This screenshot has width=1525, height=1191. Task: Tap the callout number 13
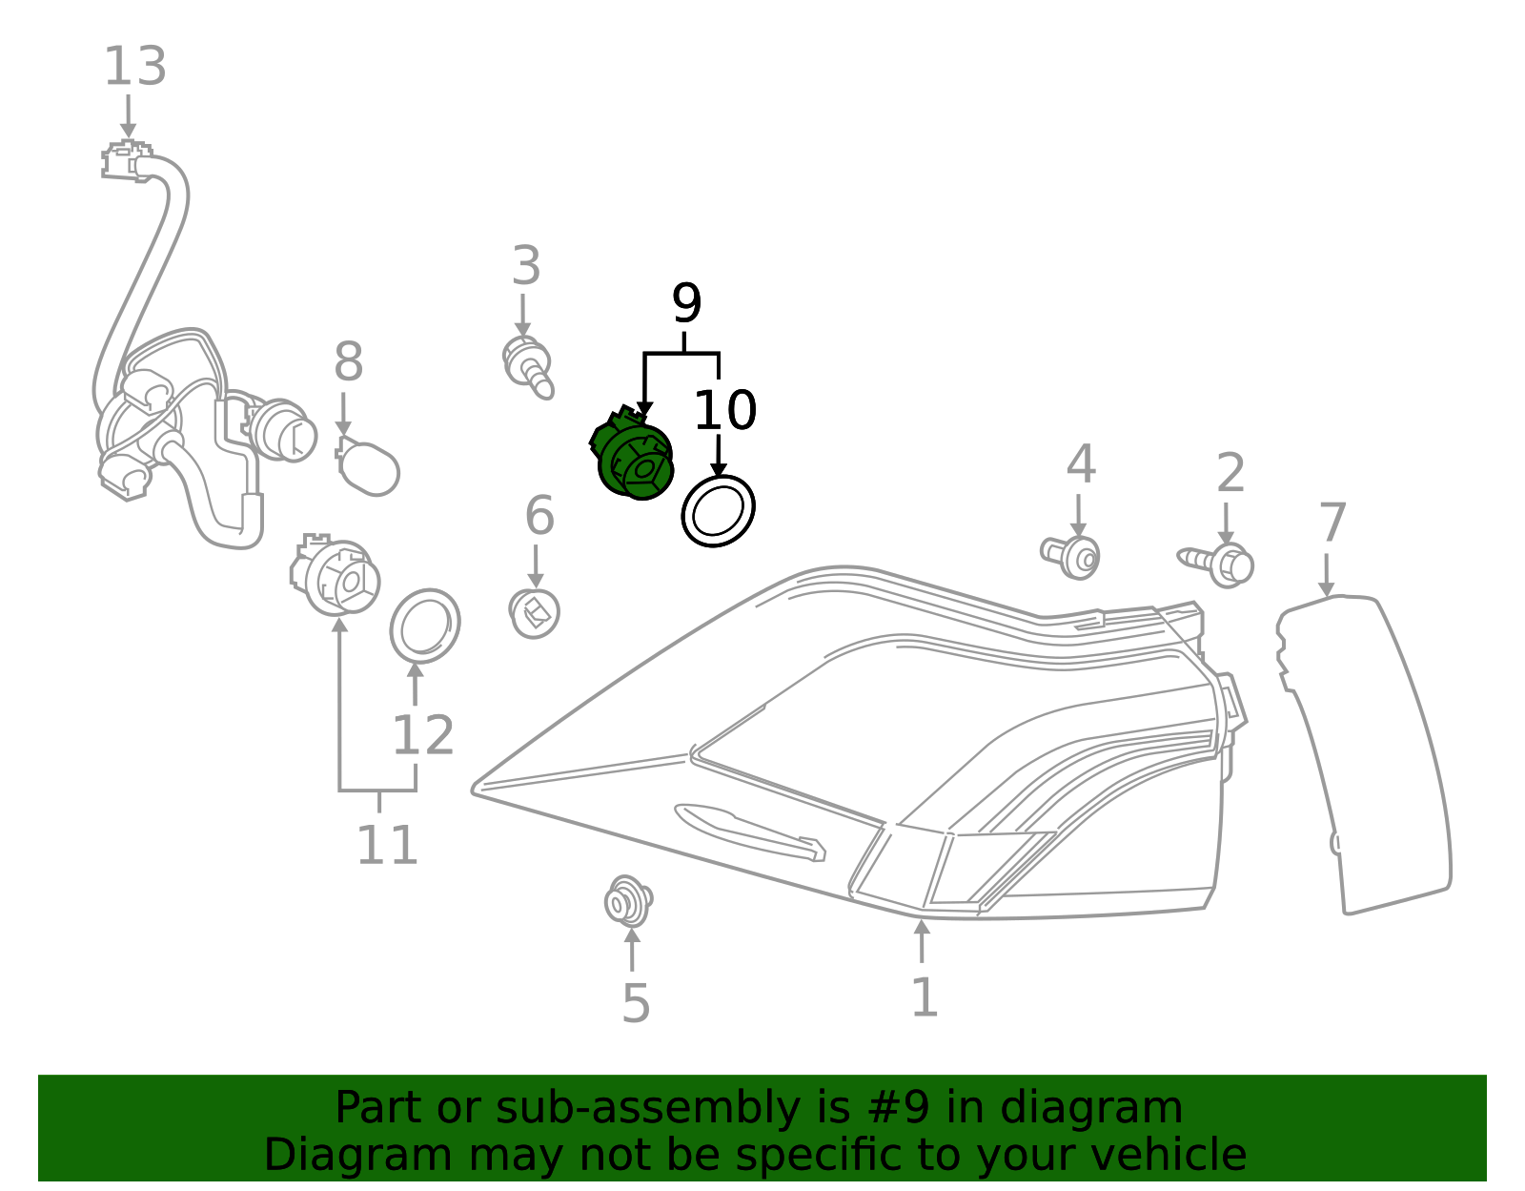point(134,67)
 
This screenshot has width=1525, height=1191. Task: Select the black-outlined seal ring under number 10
point(718,511)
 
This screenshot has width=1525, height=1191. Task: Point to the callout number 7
point(1332,524)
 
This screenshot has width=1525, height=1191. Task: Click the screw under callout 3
point(529,367)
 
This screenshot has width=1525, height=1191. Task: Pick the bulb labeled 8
point(369,464)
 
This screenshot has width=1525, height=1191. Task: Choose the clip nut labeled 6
point(535,612)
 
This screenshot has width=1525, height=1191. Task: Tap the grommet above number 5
point(628,901)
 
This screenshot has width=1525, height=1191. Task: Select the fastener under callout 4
point(1072,555)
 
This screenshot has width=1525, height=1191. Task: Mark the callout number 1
point(924,997)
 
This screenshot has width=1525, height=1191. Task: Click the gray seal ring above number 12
point(425,626)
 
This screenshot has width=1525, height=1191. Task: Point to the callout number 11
point(386,845)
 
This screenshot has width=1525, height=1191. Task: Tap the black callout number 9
point(686,303)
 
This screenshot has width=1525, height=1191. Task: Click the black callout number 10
point(724,410)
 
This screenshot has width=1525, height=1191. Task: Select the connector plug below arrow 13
point(126,161)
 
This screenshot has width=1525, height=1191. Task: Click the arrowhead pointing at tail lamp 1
point(921,927)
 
